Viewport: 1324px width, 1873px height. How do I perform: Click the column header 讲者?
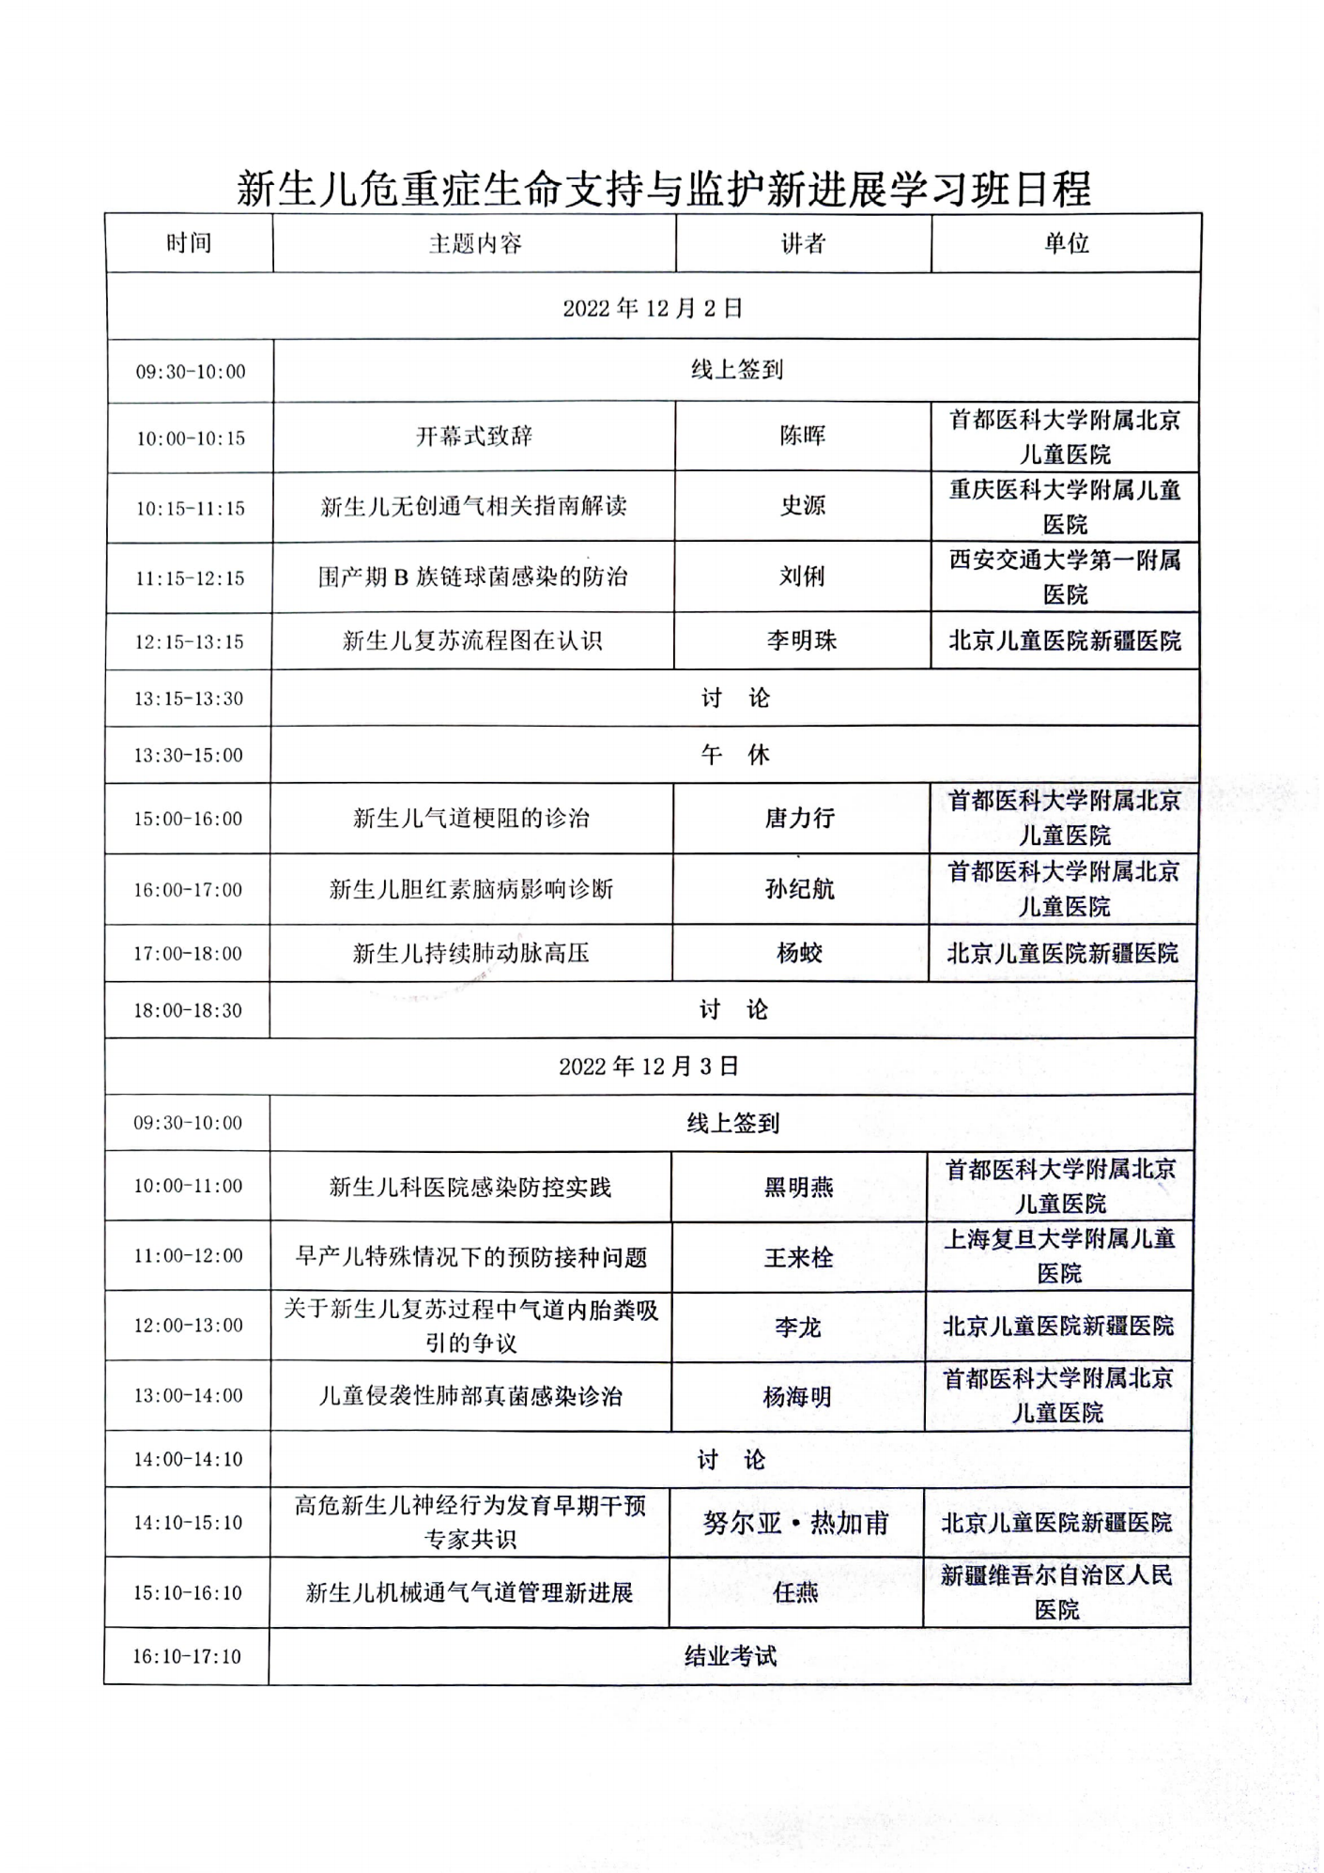[x=803, y=244]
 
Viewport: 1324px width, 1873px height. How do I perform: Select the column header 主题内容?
[x=474, y=244]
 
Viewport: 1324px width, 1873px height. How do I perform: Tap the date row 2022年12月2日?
[x=653, y=308]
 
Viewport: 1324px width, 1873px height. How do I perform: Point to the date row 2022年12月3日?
[x=649, y=1067]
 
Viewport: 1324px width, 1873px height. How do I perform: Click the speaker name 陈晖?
[x=803, y=437]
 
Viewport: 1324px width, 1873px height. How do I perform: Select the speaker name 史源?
[x=803, y=506]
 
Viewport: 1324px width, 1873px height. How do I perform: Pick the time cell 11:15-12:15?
[x=190, y=578]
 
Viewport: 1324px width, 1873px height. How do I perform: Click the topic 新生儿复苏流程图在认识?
[x=472, y=641]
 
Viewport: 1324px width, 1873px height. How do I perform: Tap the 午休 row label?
[x=734, y=755]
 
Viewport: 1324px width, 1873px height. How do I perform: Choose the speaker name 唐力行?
[x=800, y=819]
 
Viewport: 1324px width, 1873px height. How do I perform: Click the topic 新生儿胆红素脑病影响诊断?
[x=471, y=889]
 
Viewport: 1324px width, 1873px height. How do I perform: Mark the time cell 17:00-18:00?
[x=188, y=954]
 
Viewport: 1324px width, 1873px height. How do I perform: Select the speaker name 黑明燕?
[x=798, y=1188]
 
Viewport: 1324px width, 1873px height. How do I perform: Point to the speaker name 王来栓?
[x=798, y=1257]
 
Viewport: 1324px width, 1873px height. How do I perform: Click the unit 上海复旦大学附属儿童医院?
[x=1059, y=1256]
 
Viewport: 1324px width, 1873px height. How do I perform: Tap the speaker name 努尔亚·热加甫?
[x=796, y=1523]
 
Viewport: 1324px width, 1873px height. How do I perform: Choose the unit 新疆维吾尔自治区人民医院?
[x=1056, y=1592]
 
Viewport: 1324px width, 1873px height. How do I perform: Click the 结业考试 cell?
[x=730, y=1656]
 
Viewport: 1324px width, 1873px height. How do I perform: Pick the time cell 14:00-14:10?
[x=188, y=1460]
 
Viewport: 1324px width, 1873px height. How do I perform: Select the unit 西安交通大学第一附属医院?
[x=1065, y=577]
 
